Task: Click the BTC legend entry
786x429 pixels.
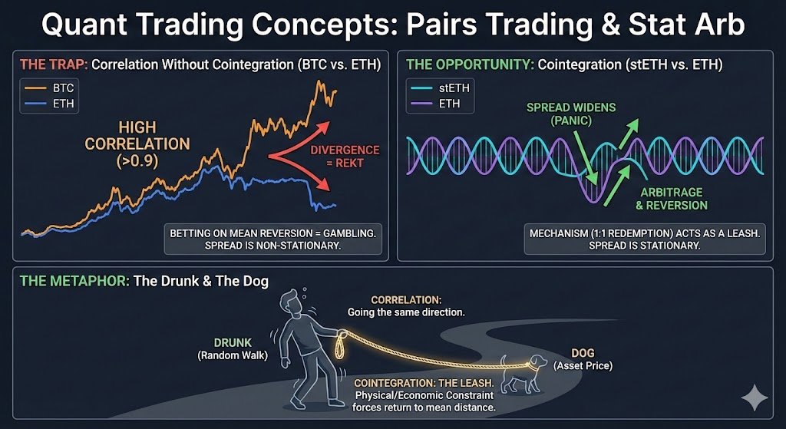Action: click(x=50, y=88)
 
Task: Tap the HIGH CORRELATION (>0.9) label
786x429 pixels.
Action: click(x=137, y=144)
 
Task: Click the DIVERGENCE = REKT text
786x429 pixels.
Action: click(x=345, y=157)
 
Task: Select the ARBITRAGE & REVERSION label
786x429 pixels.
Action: click(x=672, y=199)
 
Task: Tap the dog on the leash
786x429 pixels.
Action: click(x=523, y=373)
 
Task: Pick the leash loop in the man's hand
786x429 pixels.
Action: click(x=341, y=345)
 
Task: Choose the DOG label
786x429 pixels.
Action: click(x=583, y=354)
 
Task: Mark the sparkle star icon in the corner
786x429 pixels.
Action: click(x=755, y=398)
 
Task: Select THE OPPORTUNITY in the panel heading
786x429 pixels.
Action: click(x=469, y=64)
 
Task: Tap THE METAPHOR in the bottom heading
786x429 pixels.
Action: click(x=73, y=280)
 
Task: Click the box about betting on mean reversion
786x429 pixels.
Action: click(x=272, y=239)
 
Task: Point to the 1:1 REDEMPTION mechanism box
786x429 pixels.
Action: click(x=645, y=239)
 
